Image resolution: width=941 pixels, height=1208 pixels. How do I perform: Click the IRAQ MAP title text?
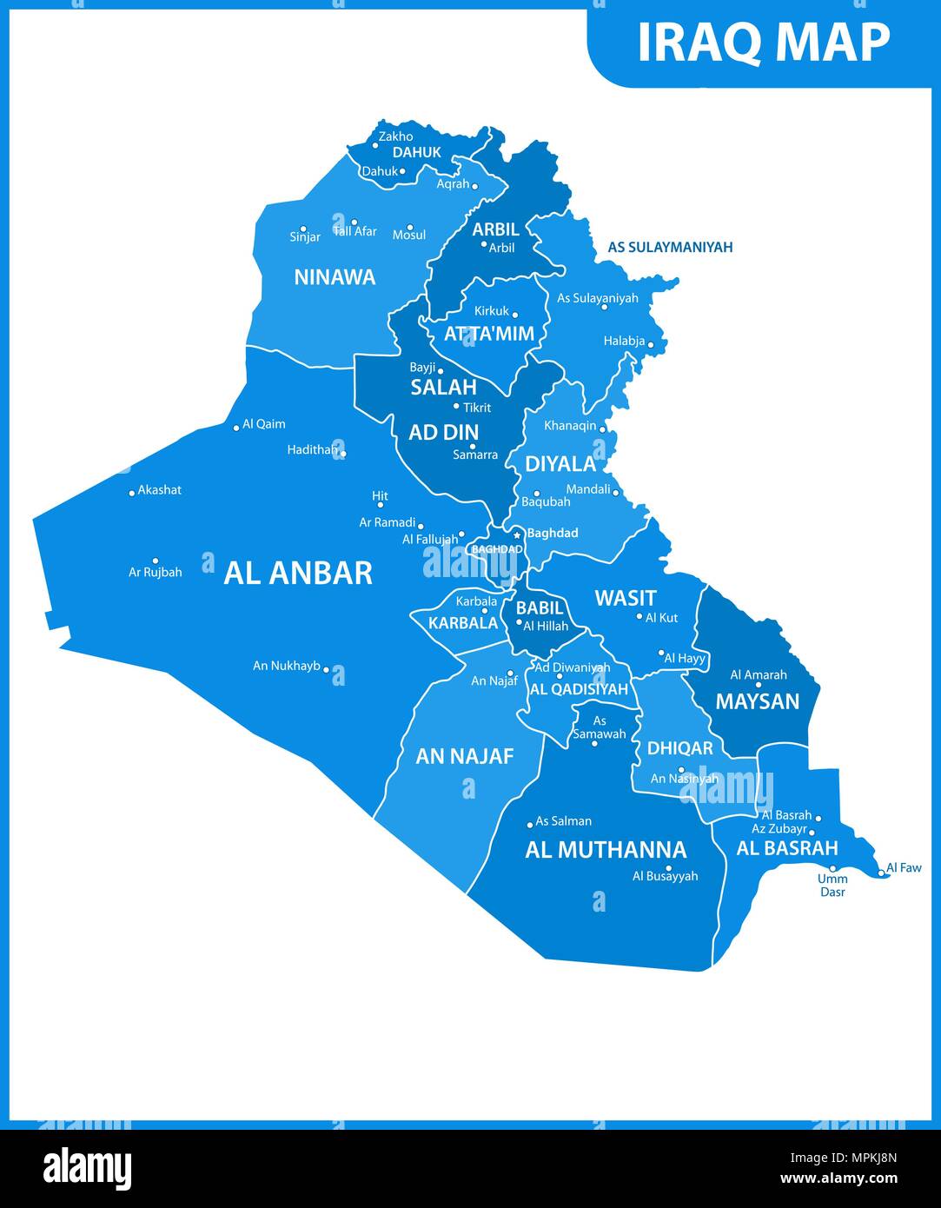pyautogui.click(x=763, y=42)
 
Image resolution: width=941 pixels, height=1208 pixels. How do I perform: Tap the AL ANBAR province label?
pyautogui.click(x=298, y=574)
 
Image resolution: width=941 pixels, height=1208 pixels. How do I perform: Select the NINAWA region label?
pyautogui.click(x=335, y=277)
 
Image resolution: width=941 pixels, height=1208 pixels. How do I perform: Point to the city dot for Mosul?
pyautogui.click(x=410, y=227)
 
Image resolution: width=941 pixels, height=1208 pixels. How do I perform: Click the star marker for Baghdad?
pyautogui.click(x=516, y=534)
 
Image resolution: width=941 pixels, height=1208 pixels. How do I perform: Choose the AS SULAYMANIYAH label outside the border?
pyautogui.click(x=670, y=248)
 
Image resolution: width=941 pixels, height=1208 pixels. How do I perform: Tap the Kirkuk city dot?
pyautogui.click(x=514, y=315)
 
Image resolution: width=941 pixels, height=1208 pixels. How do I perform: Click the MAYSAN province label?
pyautogui.click(x=757, y=701)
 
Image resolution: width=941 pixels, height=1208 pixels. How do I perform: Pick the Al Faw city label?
pyautogui.click(x=905, y=867)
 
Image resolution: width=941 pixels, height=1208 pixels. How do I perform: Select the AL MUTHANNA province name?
pyautogui.click(x=606, y=850)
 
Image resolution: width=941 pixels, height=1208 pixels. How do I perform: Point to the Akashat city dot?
pyautogui.click(x=132, y=493)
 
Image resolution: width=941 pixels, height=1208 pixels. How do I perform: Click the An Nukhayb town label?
pyautogui.click(x=287, y=666)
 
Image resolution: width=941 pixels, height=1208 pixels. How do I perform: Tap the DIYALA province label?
pyautogui.click(x=560, y=464)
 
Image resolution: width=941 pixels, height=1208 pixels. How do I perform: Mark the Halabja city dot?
pyautogui.click(x=650, y=345)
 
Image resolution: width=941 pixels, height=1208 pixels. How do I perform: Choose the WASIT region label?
pyautogui.click(x=625, y=598)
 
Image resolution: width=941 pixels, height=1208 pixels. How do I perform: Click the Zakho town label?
pyautogui.click(x=395, y=136)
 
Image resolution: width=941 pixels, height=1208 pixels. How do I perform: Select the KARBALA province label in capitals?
pyautogui.click(x=463, y=622)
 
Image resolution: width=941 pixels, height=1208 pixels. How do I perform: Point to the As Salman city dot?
pyautogui.click(x=530, y=825)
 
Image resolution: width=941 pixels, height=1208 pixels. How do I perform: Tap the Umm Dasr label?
pyautogui.click(x=832, y=886)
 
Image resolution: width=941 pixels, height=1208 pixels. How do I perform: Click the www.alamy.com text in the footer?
pyautogui.click(x=838, y=1178)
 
